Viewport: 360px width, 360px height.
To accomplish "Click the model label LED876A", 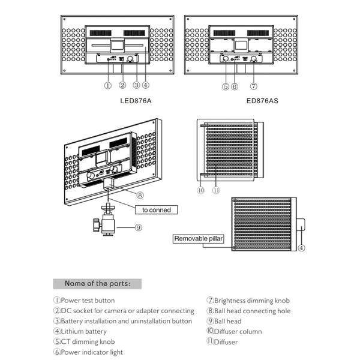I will point(136,101).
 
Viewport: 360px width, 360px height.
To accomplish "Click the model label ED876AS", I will point(263,101).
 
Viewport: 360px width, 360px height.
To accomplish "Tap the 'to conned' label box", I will point(157,210).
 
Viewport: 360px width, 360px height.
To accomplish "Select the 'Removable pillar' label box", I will point(199,239).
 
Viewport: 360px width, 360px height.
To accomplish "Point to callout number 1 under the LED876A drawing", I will point(107,86).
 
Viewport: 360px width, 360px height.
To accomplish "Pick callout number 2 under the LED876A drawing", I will point(122,86).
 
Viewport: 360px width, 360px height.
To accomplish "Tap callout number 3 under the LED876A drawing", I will point(136,86).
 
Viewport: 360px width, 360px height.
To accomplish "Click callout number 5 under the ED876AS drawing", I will point(225,86).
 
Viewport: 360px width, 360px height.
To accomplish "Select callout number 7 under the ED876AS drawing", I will point(254,86).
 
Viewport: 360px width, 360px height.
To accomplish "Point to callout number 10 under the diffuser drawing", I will point(200,190).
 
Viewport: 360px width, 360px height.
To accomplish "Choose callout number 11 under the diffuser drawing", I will point(216,190).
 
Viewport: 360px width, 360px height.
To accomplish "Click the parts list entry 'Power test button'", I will point(88,300).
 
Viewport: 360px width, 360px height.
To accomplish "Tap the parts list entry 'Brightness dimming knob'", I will point(251,300).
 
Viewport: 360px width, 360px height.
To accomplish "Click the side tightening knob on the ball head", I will point(95,226).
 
